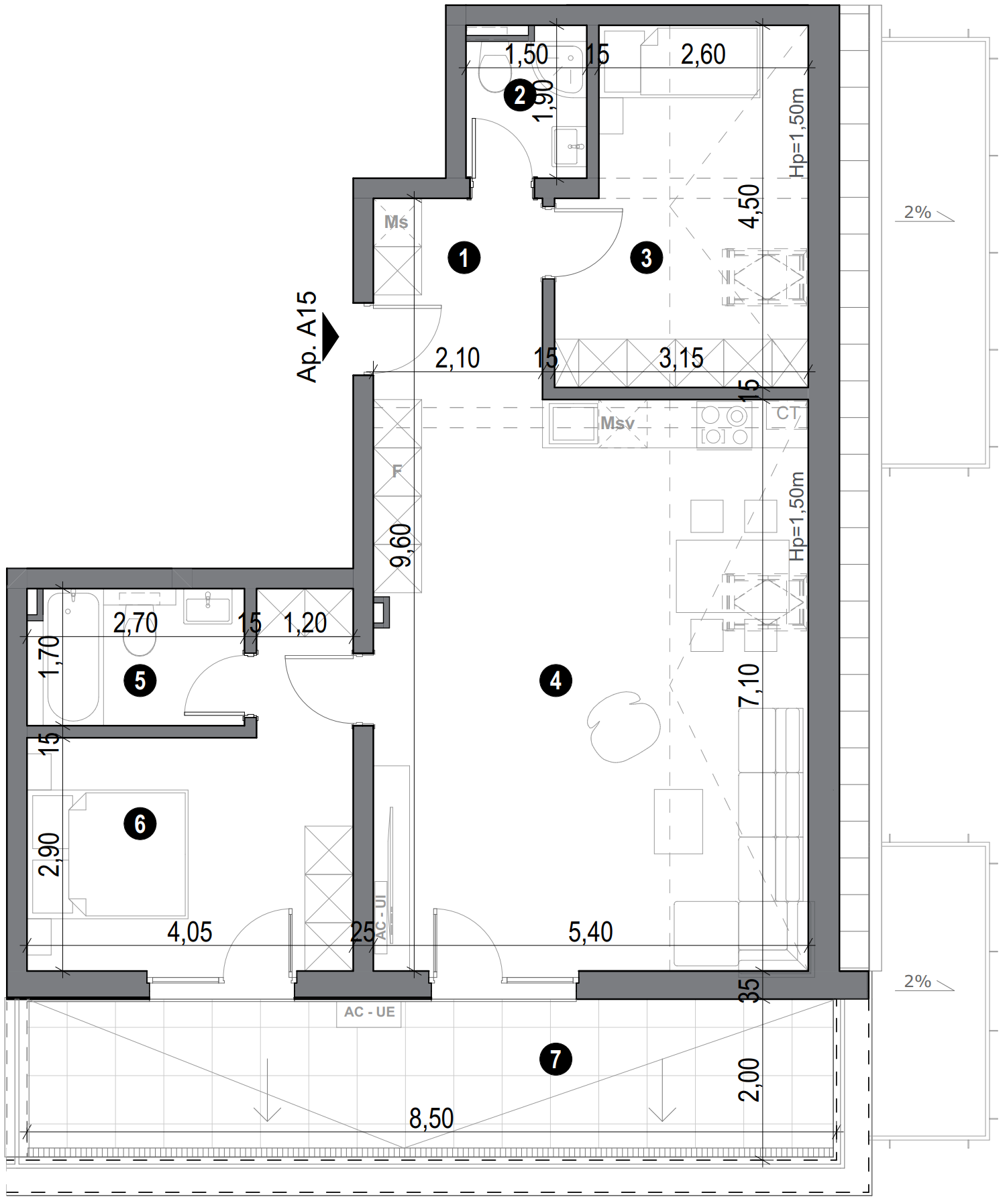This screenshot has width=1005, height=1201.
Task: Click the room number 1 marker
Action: coord(464,258)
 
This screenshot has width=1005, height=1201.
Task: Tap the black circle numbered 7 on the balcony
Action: coord(556,1060)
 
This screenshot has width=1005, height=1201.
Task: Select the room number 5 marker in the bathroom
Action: coord(140,681)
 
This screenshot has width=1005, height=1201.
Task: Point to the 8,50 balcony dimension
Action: coord(431,1119)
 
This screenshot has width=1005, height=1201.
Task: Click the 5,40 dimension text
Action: coord(590,932)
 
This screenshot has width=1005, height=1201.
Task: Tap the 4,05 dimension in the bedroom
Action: coord(190,932)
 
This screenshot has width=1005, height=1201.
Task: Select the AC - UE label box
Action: coord(369,1013)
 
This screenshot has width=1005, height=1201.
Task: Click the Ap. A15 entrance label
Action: coord(307,337)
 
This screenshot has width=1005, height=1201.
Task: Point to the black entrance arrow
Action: coord(329,337)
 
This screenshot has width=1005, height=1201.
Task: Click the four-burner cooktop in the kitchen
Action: coord(725,426)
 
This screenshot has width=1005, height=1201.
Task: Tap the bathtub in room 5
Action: coord(73,657)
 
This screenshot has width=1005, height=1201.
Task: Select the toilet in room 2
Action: coord(494,74)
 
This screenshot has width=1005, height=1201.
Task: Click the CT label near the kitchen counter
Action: coord(788,413)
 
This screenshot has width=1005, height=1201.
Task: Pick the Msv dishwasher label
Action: coord(617,423)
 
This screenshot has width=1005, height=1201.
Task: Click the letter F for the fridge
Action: coord(397,471)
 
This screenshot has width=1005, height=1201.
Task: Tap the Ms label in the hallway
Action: coord(396,222)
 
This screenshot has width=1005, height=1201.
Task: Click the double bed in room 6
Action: coord(127,853)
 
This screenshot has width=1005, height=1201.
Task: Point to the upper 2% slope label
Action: coord(917,213)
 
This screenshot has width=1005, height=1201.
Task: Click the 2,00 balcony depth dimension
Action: coord(749,1080)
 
